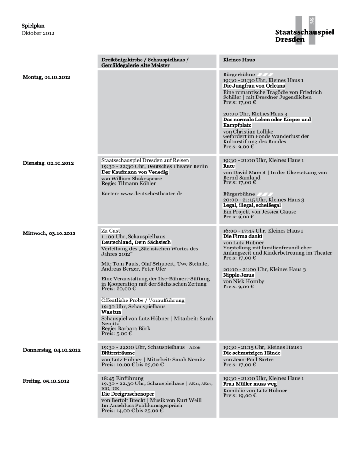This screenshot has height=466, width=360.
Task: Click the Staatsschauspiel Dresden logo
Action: point(305,33)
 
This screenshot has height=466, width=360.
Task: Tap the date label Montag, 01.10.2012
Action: point(47,76)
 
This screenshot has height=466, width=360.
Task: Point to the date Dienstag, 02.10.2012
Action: point(48,163)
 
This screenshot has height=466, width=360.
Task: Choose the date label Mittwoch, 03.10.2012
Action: point(49,233)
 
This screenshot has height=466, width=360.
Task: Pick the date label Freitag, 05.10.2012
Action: point(46,381)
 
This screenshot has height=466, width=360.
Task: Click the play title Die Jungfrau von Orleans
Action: point(254,86)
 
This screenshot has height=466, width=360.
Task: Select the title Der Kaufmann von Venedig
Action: point(135,173)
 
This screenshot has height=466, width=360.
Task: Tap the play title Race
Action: point(229,166)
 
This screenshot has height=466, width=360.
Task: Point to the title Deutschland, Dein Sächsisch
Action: point(136,242)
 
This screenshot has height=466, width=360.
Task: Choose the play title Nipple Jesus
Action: point(239,275)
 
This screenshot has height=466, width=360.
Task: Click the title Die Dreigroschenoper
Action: point(128,394)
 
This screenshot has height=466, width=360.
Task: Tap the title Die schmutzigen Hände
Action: point(252,353)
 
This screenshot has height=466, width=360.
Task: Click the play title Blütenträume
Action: point(118,353)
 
